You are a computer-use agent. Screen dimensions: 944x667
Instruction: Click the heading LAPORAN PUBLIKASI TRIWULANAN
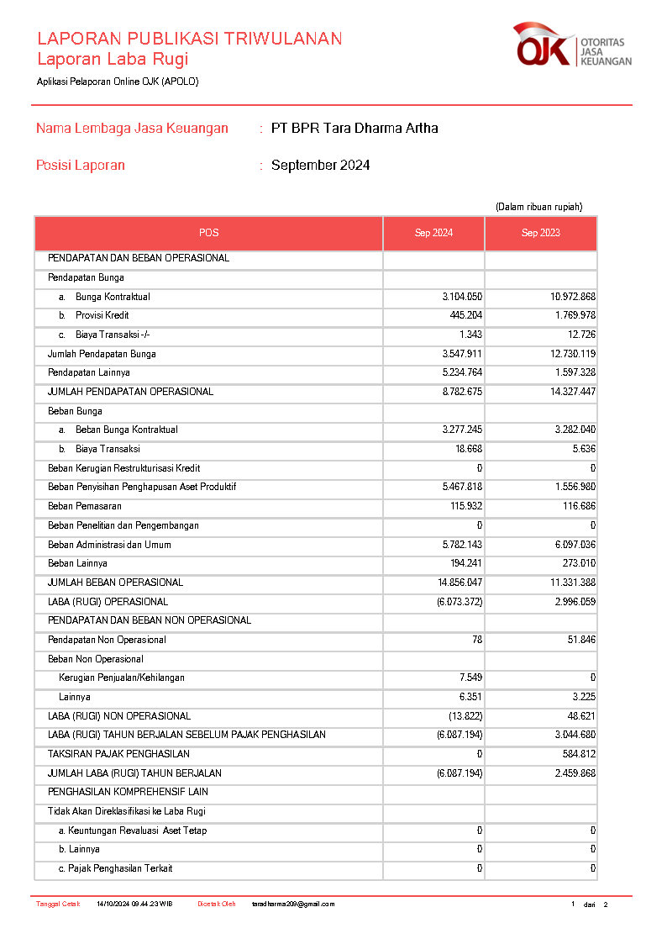pyautogui.click(x=189, y=39)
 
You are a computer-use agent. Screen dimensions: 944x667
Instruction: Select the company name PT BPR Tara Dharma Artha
pyautogui.click(x=355, y=129)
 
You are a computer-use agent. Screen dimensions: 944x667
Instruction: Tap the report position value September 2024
pyautogui.click(x=320, y=166)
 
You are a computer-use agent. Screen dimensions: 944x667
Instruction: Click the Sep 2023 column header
pyautogui.click(x=540, y=233)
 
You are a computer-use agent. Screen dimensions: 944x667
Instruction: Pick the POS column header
pyautogui.click(x=208, y=233)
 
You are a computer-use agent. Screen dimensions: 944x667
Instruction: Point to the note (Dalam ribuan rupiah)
pyautogui.click(x=538, y=207)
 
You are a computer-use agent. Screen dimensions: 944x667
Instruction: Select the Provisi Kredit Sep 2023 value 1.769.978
pyautogui.click(x=569, y=316)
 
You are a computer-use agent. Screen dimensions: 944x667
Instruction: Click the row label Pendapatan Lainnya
pyautogui.click(x=89, y=373)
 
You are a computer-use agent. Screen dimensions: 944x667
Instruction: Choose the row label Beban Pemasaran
pyautogui.click(x=85, y=506)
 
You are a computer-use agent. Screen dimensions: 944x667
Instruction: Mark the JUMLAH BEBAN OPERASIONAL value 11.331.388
pyautogui.click(x=569, y=583)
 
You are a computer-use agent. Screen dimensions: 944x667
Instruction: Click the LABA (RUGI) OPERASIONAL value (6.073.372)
pyautogui.click(x=460, y=602)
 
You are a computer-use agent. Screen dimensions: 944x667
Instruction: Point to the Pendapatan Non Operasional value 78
pyautogui.click(x=476, y=640)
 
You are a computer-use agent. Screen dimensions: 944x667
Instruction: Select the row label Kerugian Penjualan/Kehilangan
pyautogui.click(x=122, y=678)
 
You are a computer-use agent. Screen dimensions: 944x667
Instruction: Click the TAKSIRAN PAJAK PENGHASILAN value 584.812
pyautogui.click(x=575, y=754)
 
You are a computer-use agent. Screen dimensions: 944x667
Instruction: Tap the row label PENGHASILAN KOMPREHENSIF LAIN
pyautogui.click(x=128, y=792)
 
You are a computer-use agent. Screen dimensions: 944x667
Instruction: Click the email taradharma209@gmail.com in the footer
pyautogui.click(x=293, y=904)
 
